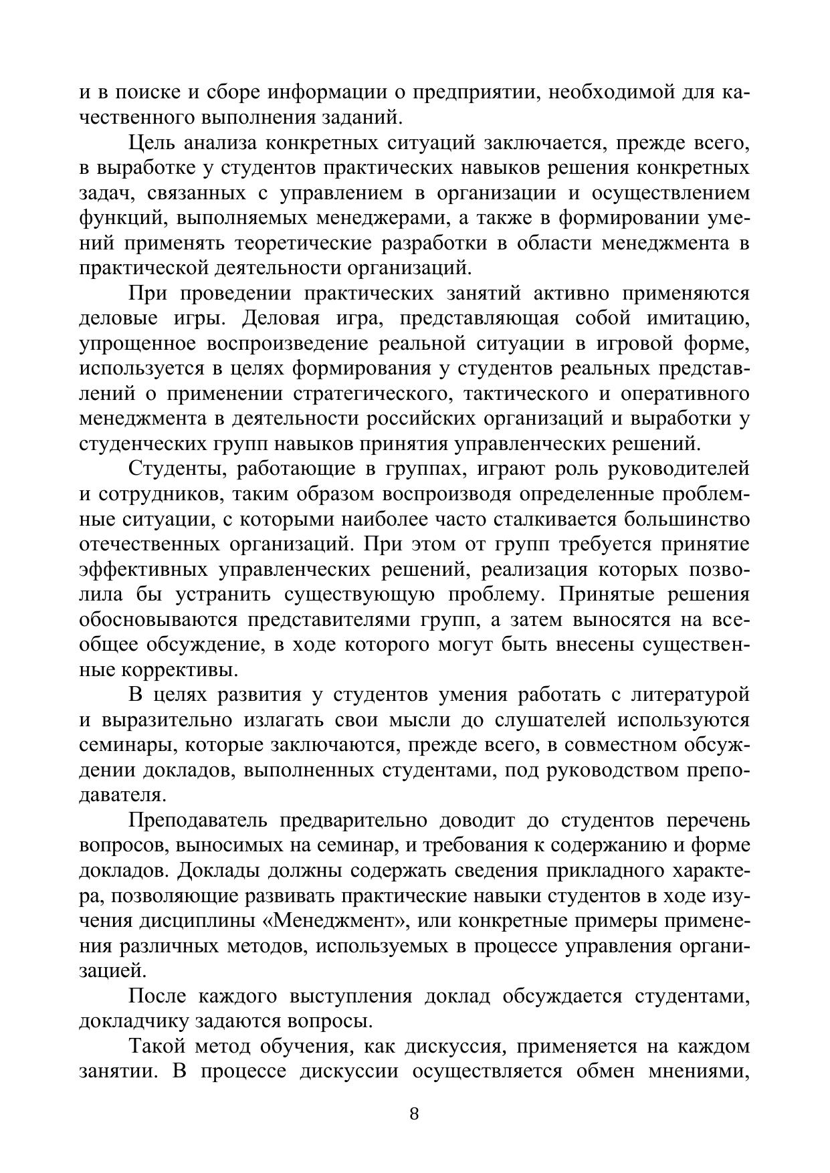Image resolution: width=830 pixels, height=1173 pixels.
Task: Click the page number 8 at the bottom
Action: tap(414, 1114)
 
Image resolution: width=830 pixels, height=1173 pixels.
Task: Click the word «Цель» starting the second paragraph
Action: tap(152, 143)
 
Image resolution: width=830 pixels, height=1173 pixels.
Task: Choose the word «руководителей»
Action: tap(678, 469)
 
